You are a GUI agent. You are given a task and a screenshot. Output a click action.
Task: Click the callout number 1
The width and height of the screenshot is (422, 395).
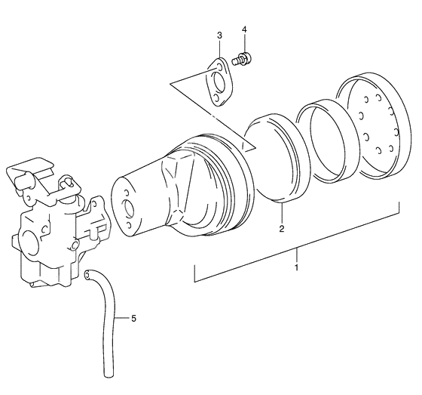point(297,267)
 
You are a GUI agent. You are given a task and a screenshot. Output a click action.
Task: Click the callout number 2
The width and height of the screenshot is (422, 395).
point(282,229)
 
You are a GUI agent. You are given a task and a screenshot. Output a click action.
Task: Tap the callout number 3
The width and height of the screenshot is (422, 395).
point(219,35)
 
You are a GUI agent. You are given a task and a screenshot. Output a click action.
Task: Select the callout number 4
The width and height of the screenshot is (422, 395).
point(244,29)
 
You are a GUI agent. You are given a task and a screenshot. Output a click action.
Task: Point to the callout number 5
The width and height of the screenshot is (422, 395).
point(133,319)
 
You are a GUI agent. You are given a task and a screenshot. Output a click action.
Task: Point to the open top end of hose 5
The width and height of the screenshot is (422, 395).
point(87,275)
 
